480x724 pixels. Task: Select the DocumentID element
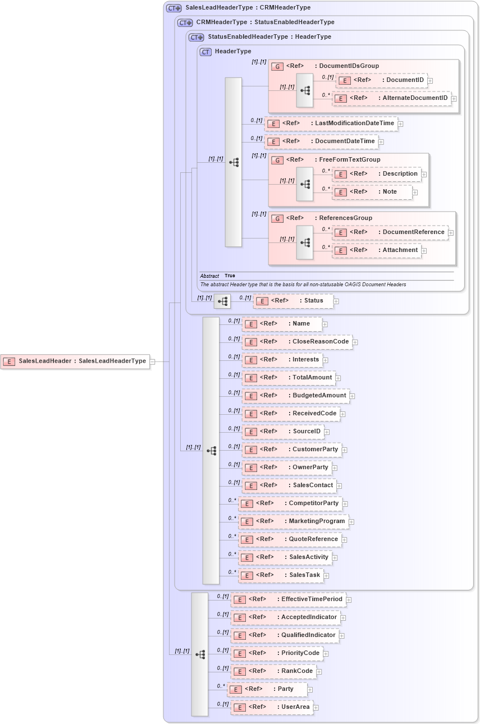(x=382, y=80)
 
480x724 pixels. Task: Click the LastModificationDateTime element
(x=331, y=123)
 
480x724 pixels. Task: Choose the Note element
(x=372, y=192)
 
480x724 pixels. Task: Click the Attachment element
(x=377, y=250)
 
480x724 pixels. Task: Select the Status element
(x=293, y=301)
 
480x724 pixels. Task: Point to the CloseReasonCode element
(x=297, y=342)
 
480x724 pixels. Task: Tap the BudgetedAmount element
(x=295, y=396)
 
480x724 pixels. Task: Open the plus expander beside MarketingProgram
(x=351, y=522)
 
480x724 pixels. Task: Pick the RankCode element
(x=273, y=671)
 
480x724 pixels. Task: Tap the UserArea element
(x=272, y=707)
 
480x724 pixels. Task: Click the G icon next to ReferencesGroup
(x=277, y=218)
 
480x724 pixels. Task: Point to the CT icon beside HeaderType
(x=205, y=52)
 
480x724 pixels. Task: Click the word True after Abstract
(x=230, y=276)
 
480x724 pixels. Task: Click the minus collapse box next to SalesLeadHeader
(x=152, y=361)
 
